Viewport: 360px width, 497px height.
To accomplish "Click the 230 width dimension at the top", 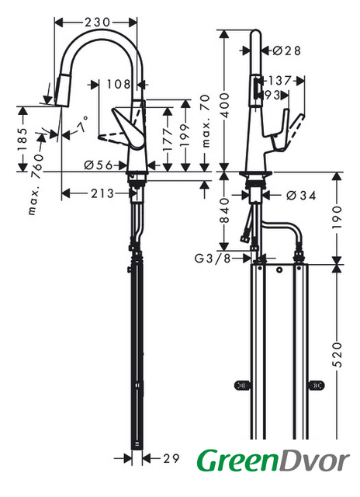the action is click(x=97, y=23).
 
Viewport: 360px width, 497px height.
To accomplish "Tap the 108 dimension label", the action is click(x=119, y=85).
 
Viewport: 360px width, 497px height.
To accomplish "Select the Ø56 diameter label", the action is click(x=99, y=165).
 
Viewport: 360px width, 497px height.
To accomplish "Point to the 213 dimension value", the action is click(x=102, y=193).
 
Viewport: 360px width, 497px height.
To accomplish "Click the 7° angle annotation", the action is click(x=82, y=124).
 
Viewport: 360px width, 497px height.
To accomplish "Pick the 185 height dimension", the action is click(x=22, y=140).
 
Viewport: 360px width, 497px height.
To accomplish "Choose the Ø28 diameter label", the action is click(x=286, y=50).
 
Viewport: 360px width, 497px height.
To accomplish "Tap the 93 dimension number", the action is click(x=272, y=95).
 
